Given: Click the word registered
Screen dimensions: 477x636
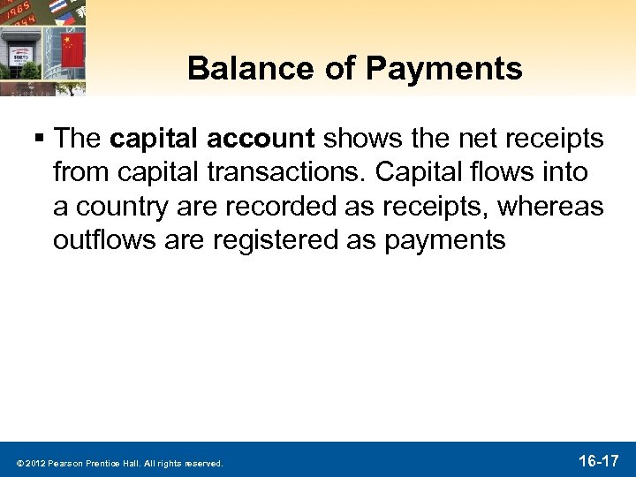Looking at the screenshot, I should click(270, 241).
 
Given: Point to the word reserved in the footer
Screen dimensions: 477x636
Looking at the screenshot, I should click(202, 463).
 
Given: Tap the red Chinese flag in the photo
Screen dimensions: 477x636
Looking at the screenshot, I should click(72, 42).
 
